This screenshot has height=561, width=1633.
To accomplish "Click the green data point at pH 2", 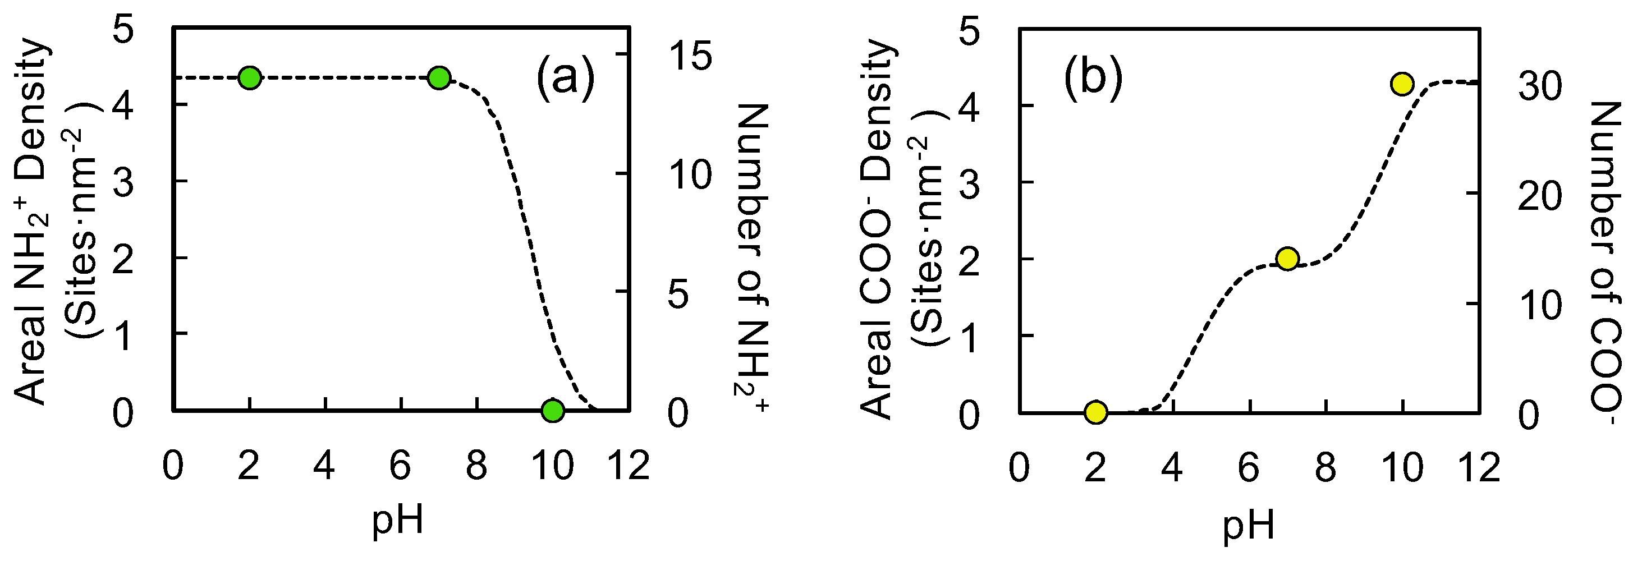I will tap(250, 78).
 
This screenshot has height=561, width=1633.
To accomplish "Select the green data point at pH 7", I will tap(439, 78).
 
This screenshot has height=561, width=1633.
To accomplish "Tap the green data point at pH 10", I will tap(553, 410).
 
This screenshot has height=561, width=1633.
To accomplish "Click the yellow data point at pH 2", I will tap(1095, 412).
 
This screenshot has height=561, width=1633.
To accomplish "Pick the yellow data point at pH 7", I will tap(1287, 259).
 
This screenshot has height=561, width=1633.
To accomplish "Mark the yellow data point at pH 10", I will tap(1402, 84).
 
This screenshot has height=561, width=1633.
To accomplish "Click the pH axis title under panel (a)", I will tap(397, 521).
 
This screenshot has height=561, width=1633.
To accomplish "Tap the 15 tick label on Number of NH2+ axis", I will tap(690, 56).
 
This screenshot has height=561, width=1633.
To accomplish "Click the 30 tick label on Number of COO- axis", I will tap(1540, 87).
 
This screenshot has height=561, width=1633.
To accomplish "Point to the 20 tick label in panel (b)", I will tap(1540, 196).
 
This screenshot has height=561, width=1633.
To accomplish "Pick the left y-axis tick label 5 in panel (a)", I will tap(123, 30).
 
